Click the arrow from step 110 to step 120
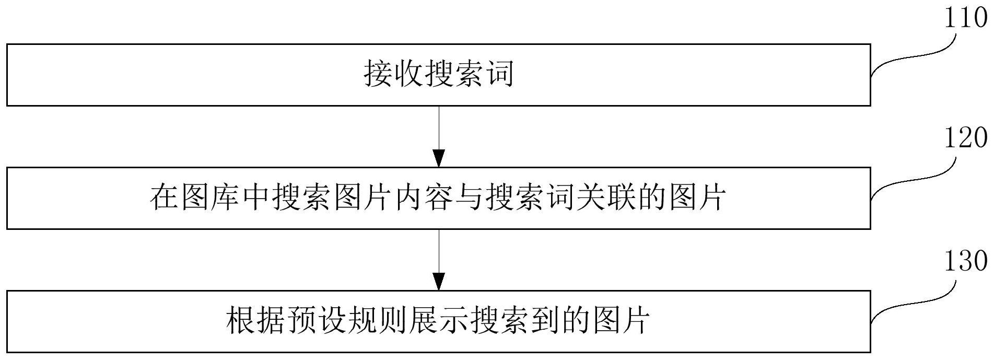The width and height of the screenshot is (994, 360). click(x=439, y=136)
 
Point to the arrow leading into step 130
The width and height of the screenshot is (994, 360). click(x=439, y=259)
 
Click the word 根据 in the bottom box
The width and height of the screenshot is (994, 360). click(x=256, y=321)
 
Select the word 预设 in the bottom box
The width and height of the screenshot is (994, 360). click(x=317, y=321)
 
